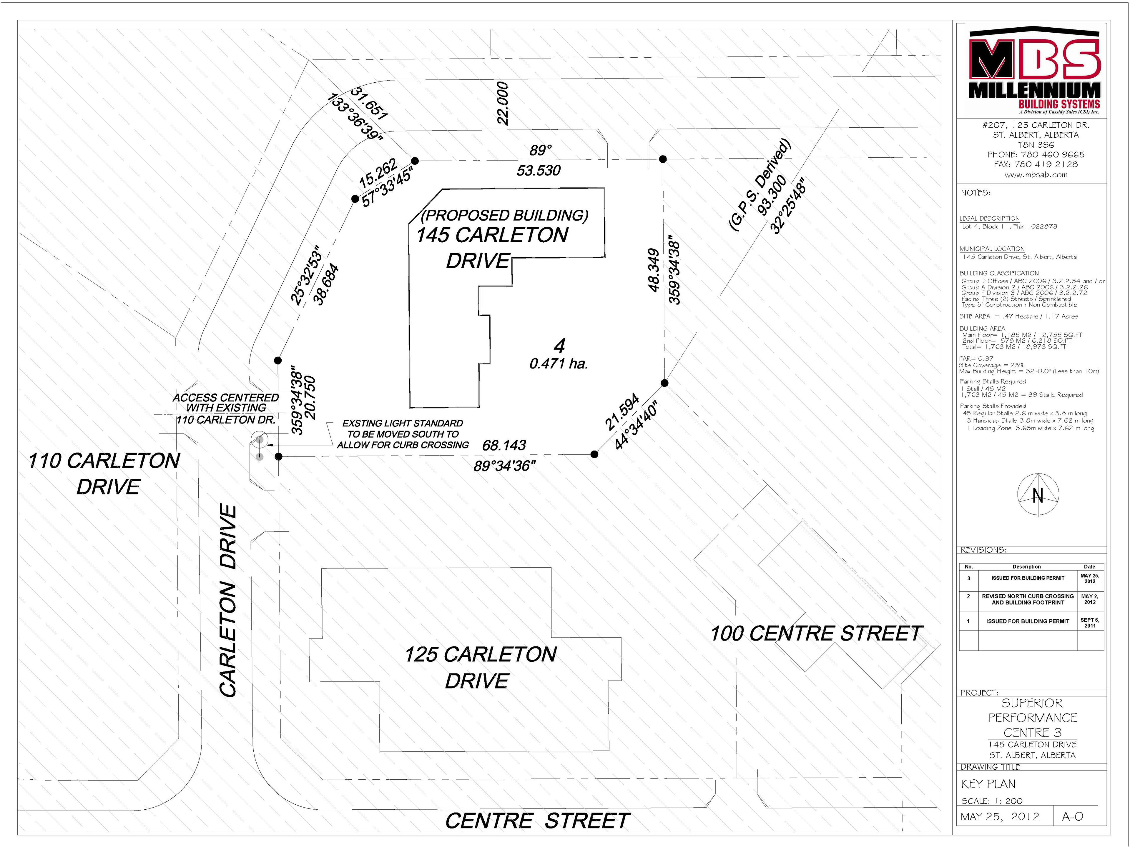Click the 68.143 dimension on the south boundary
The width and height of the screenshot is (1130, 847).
point(504,445)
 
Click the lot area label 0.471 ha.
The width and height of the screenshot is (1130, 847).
point(559,364)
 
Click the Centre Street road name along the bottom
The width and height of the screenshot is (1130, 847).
point(537,821)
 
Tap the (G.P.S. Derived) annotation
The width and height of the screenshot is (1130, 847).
point(759,184)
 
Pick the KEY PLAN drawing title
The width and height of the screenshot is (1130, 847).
point(988,784)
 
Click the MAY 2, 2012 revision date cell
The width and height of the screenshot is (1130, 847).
point(1090,599)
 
